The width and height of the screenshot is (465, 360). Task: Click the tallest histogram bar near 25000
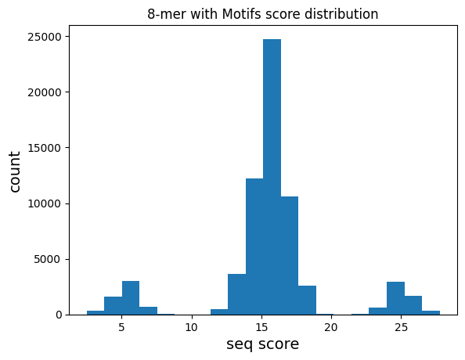(x=272, y=177)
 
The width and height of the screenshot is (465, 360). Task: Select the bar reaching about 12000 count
(x=254, y=247)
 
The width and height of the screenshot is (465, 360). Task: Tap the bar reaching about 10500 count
(x=290, y=255)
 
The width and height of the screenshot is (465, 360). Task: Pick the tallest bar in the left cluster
(x=131, y=297)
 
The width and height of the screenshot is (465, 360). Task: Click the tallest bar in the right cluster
(x=395, y=298)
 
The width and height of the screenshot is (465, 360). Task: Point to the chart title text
(x=263, y=14)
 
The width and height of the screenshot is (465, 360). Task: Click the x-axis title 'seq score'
(x=263, y=344)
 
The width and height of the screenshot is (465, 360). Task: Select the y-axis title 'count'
(x=14, y=171)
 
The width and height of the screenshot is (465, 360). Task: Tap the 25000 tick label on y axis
(x=45, y=37)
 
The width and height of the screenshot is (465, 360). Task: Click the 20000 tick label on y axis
(x=45, y=92)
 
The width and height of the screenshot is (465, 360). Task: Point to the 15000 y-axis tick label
(x=45, y=148)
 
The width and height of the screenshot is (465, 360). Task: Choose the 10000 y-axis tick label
(x=45, y=203)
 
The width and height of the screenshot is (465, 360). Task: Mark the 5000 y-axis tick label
(x=48, y=260)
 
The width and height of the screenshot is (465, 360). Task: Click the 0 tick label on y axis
(x=59, y=315)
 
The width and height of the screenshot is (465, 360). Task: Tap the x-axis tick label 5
(x=121, y=327)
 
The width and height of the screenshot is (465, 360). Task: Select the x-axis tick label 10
(x=192, y=327)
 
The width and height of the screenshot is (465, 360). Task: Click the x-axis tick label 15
(x=261, y=327)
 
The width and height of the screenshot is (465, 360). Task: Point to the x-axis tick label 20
(x=331, y=327)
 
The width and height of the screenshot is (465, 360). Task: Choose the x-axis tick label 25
(x=402, y=327)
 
